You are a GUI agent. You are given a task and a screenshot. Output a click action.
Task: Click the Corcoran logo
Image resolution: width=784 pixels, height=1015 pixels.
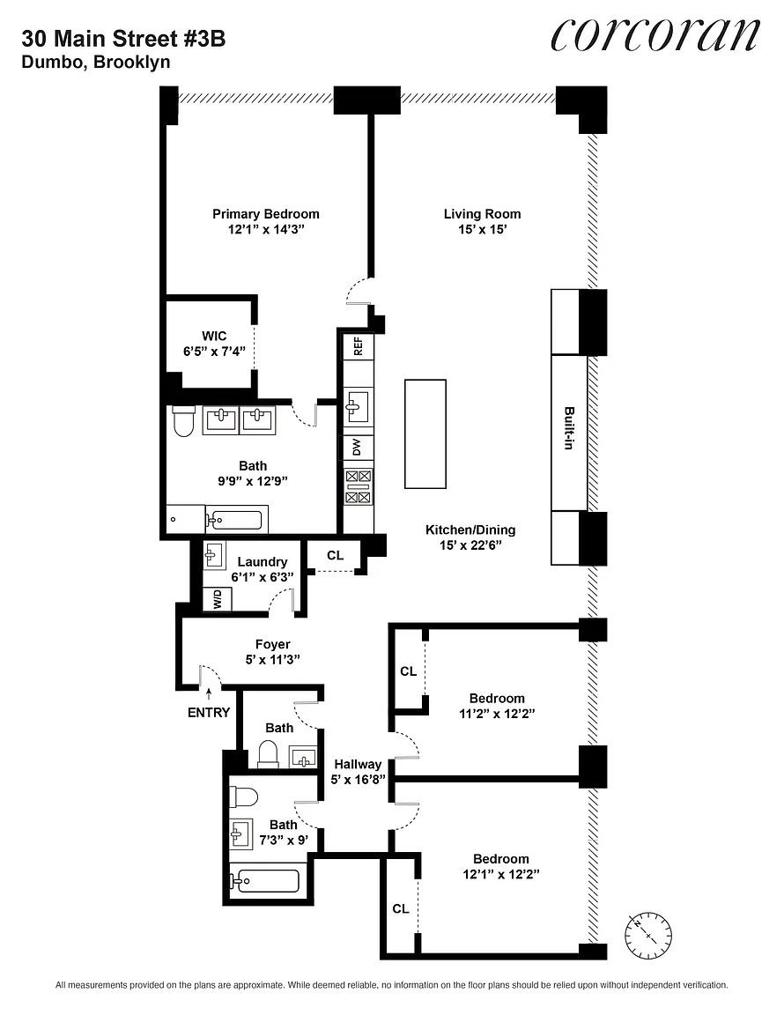(655, 34)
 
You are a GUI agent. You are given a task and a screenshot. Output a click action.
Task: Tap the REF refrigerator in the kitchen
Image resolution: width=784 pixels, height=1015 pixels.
(358, 346)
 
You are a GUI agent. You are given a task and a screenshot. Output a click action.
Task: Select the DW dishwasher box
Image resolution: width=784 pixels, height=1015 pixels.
(358, 447)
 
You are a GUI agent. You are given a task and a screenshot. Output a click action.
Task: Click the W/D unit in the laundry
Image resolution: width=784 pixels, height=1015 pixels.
(218, 599)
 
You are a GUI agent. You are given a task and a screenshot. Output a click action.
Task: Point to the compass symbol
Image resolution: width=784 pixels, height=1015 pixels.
(648, 935)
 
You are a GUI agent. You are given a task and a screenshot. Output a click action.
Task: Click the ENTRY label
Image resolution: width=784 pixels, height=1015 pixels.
(209, 712)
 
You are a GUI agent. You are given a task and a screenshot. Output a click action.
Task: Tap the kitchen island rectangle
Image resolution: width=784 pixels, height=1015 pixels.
(425, 433)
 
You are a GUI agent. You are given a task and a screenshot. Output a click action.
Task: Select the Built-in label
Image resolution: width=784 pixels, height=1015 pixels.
(569, 428)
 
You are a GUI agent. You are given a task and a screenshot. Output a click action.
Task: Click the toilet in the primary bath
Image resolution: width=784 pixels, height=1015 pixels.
(184, 420)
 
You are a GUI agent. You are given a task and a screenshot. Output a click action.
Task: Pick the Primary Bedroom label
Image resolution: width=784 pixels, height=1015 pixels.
(265, 213)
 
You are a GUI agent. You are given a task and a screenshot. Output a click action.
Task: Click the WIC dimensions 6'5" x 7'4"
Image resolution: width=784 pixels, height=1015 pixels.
(214, 352)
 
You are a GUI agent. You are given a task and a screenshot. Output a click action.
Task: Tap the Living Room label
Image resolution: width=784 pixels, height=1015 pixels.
(483, 213)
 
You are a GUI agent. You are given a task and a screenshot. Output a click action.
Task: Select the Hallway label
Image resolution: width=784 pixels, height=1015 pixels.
(358, 764)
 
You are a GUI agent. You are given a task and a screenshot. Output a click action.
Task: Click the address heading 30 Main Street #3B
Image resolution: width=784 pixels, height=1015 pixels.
(123, 39)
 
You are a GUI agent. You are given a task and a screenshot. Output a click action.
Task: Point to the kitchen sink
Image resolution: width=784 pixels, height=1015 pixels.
(358, 406)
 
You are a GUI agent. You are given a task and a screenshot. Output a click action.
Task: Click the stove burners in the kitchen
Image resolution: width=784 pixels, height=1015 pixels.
(358, 486)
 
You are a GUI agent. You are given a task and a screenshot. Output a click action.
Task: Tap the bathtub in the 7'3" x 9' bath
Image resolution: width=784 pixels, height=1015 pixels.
(265, 880)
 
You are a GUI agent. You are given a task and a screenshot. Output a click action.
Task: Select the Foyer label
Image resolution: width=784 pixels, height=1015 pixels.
(272, 644)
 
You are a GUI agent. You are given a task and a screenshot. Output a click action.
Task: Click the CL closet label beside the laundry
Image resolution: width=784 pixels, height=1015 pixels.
(335, 555)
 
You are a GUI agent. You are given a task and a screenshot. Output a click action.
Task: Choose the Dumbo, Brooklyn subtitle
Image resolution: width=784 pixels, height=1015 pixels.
(96, 63)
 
